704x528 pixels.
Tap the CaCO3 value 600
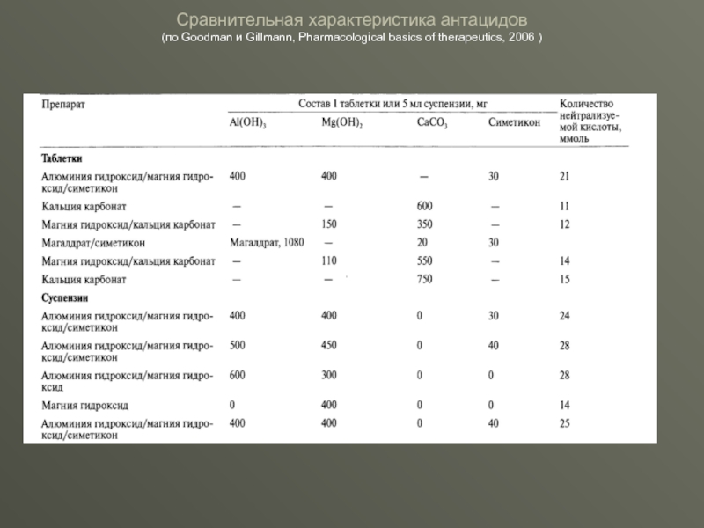point(425,206)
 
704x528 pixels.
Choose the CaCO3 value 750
point(425,279)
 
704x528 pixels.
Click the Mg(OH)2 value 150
point(330,224)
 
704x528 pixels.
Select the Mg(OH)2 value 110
point(330,261)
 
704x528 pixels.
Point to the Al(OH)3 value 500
point(238,345)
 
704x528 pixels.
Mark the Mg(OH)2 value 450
point(330,345)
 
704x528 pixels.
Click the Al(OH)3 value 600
point(238,375)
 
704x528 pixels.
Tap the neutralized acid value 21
point(564,176)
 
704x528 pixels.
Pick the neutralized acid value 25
point(564,424)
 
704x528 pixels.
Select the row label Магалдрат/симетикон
point(93,242)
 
